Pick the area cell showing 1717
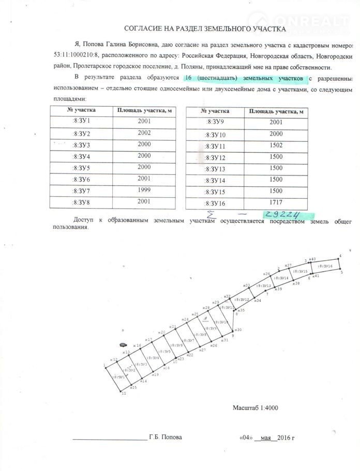276,203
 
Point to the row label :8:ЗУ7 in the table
81,191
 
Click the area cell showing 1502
276,146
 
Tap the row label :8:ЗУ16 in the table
216,203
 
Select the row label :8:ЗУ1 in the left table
81,122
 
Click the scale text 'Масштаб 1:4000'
255,408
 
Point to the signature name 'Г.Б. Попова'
165,437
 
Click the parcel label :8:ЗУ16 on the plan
328,266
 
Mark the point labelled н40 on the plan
312,259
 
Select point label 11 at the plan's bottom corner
123,394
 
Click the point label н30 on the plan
238,330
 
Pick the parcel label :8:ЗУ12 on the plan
242,300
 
